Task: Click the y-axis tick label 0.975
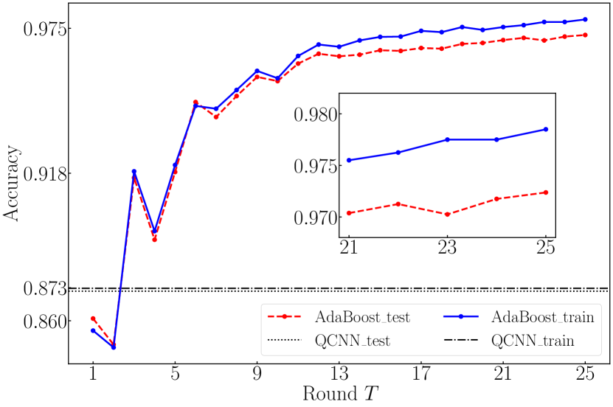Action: (x=44, y=29)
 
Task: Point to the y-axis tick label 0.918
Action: (x=44, y=174)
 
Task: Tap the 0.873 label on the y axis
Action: (x=44, y=288)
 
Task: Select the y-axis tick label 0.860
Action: (x=44, y=321)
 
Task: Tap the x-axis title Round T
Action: (x=339, y=392)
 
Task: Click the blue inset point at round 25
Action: (x=546, y=129)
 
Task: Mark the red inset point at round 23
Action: (x=447, y=214)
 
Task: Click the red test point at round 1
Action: (x=93, y=319)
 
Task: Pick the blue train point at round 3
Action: (x=134, y=171)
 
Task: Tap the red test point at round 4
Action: (x=154, y=239)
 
